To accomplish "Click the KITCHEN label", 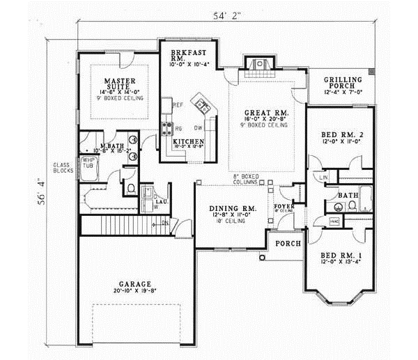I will pos(188,142).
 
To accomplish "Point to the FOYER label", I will pos(286,206).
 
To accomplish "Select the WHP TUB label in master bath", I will pos(88,164).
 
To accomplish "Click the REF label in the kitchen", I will pos(178,105).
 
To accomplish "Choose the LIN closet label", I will pos(324,178).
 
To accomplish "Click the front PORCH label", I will pos(287,244).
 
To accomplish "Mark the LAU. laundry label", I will pos(160,202).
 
